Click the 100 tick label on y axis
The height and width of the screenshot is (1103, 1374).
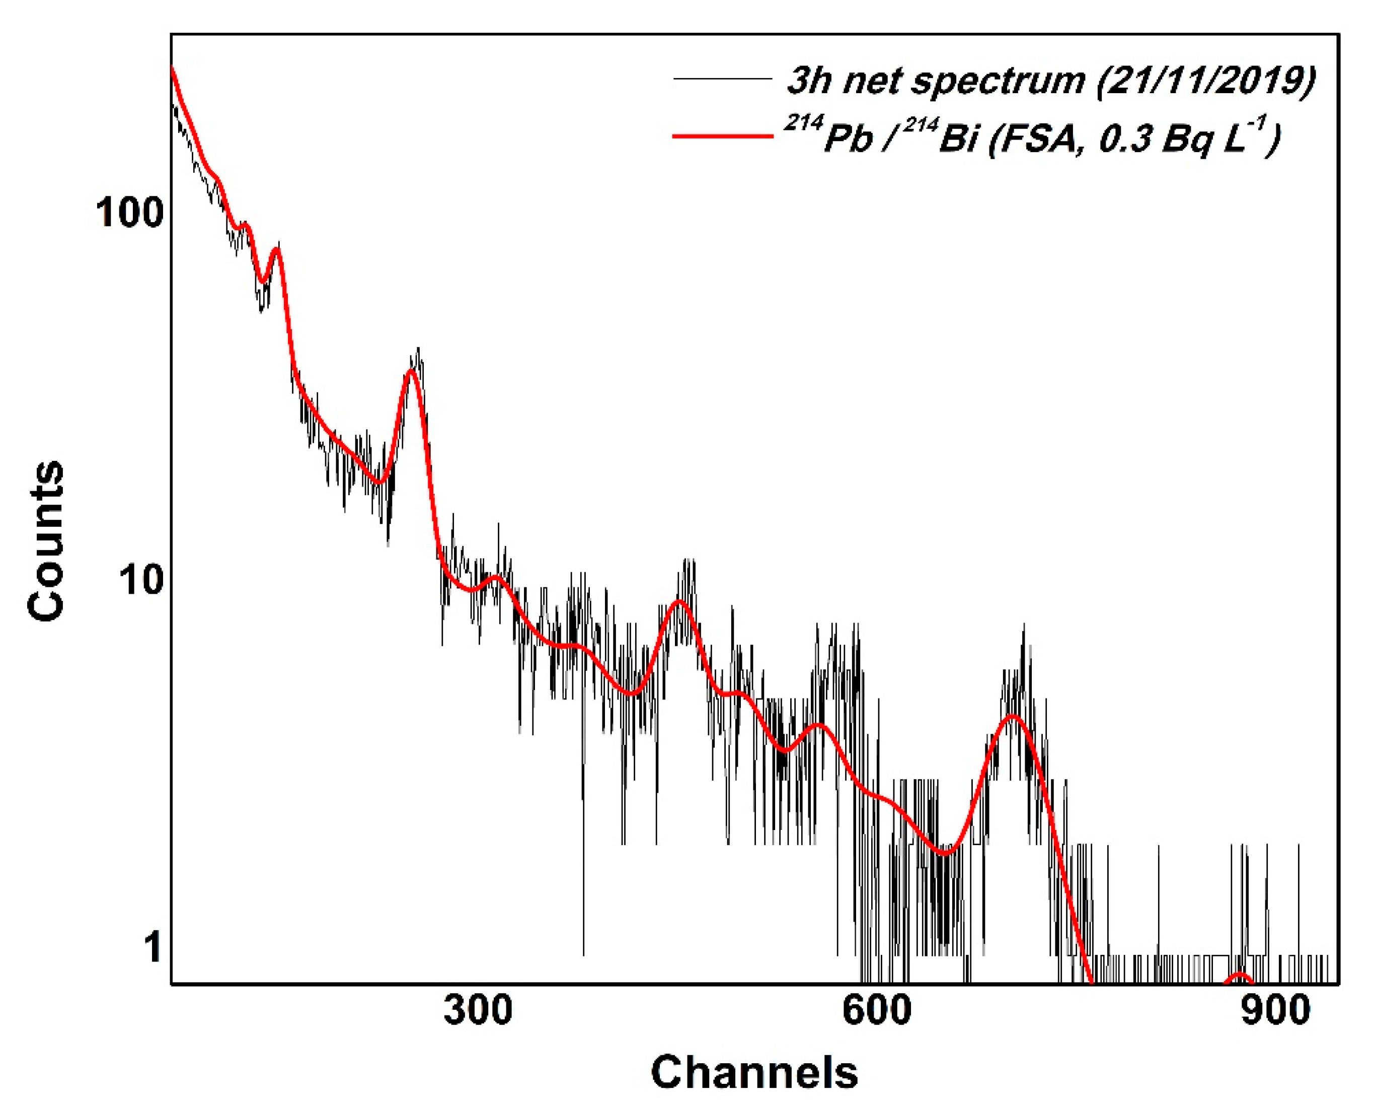129,213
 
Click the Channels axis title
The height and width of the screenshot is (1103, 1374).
754,1073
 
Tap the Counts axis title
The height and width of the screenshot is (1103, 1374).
46,540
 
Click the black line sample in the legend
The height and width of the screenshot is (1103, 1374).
722,79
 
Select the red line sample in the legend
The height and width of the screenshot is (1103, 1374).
722,136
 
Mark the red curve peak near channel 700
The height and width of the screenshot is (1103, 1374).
1013,717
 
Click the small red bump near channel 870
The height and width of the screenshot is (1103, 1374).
1240,975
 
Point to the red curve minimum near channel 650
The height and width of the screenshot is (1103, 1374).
946,853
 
